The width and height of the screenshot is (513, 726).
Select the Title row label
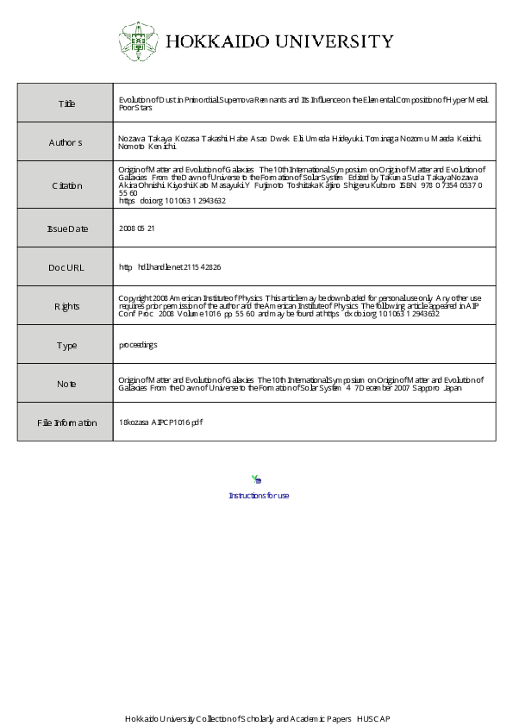pyautogui.click(x=66, y=104)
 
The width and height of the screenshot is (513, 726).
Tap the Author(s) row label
pyautogui.click(x=66, y=143)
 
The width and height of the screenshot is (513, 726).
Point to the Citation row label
pyautogui.click(x=66, y=185)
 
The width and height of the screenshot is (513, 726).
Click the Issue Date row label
pyautogui.click(x=66, y=228)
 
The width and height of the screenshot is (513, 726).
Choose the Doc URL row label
pyautogui.click(x=66, y=267)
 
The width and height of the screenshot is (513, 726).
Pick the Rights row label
pyautogui.click(x=66, y=305)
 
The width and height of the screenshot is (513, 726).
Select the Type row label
pyautogui.click(x=66, y=345)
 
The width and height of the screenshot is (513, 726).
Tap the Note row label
pyautogui.click(x=66, y=384)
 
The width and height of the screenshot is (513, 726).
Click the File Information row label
pyautogui.click(x=66, y=422)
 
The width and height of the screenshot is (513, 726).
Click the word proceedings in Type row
pyautogui.click(x=138, y=345)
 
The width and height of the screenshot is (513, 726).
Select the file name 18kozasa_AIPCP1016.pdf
pyautogui.click(x=161, y=422)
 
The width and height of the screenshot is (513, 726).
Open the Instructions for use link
pyautogui.click(x=259, y=495)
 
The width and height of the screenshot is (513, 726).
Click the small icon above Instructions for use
pyautogui.click(x=256, y=479)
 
